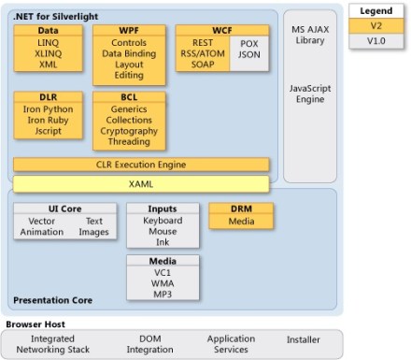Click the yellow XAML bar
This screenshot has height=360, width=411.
coord(141,184)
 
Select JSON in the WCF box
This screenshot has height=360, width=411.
coord(248,55)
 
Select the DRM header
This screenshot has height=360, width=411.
coord(240,209)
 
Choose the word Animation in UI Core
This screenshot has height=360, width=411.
coord(42,232)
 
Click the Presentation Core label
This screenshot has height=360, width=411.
coord(52,300)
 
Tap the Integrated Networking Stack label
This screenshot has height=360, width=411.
coord(52,343)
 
